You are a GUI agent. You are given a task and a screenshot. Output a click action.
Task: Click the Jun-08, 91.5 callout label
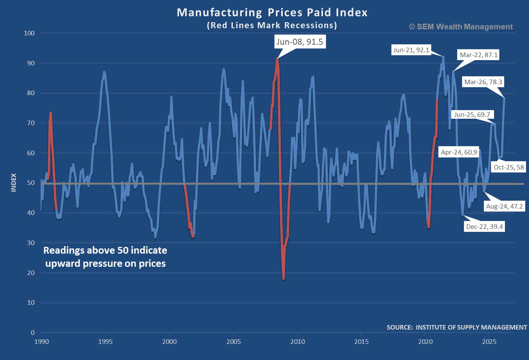[x=300, y=42]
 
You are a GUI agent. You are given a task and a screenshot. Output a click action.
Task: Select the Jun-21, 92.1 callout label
[x=411, y=50]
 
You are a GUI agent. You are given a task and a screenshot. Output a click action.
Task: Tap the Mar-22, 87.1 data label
[x=479, y=55]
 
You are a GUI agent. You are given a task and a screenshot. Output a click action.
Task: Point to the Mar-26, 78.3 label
[x=483, y=82]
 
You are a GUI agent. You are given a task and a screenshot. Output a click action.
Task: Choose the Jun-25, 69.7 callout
[x=472, y=115]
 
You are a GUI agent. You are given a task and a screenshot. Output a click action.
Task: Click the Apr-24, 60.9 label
[x=459, y=152]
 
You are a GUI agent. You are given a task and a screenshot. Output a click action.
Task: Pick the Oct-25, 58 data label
[x=509, y=167]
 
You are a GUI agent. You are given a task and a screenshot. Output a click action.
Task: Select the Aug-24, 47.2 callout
[x=504, y=206]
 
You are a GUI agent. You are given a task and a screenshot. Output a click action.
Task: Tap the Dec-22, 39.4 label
[x=484, y=227]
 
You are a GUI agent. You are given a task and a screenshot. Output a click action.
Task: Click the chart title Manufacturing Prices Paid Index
[x=272, y=12]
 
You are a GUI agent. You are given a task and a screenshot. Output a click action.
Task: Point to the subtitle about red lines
[x=272, y=25]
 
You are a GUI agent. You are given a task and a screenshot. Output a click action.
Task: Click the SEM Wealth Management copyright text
[x=461, y=27]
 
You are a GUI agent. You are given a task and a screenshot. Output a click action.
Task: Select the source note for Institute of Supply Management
[x=456, y=327]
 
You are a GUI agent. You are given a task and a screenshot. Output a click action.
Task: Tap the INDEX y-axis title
[x=14, y=183]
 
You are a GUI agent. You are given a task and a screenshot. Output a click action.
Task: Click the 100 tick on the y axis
[x=29, y=33]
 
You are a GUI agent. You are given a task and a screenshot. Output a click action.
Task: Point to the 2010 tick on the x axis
[x=297, y=342]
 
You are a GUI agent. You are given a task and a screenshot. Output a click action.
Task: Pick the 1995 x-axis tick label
[x=105, y=342]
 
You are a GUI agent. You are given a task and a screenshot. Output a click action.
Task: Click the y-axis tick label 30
[x=31, y=243]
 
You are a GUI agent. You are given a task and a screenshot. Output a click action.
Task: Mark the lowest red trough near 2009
[x=283, y=278]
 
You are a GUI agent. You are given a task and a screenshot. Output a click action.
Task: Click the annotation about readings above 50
[x=105, y=257]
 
